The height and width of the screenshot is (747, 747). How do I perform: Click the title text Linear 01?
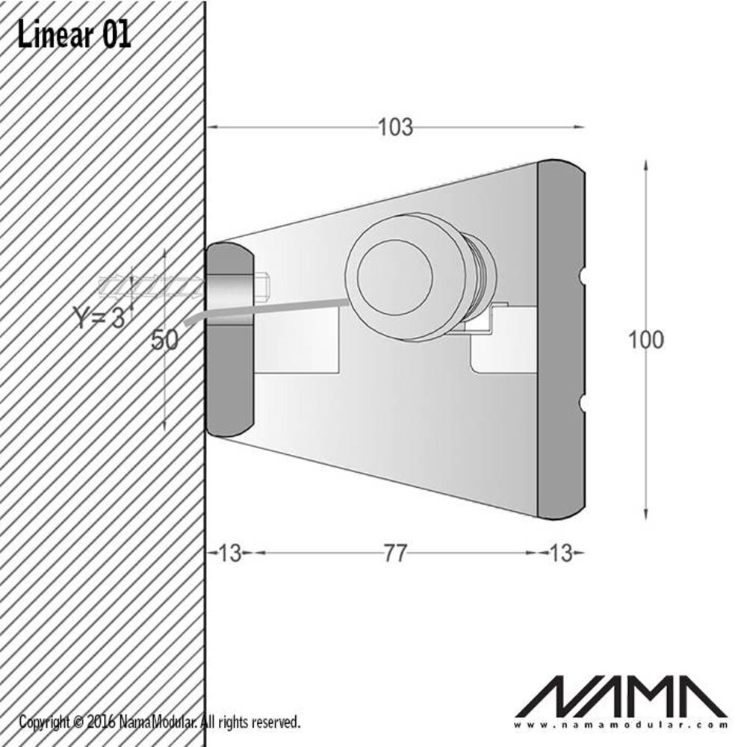pos(74,35)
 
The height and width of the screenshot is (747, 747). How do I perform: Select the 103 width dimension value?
pos(394,128)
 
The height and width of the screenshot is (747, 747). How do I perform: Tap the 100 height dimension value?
pos(645,340)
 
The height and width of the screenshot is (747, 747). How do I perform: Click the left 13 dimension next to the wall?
pos(230,554)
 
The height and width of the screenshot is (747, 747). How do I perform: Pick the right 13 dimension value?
pos(560,554)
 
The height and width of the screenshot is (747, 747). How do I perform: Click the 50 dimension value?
pos(164,340)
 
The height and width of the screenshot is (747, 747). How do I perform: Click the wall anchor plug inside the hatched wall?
pos(149,285)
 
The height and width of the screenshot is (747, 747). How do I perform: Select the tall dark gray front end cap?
pos(560,340)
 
